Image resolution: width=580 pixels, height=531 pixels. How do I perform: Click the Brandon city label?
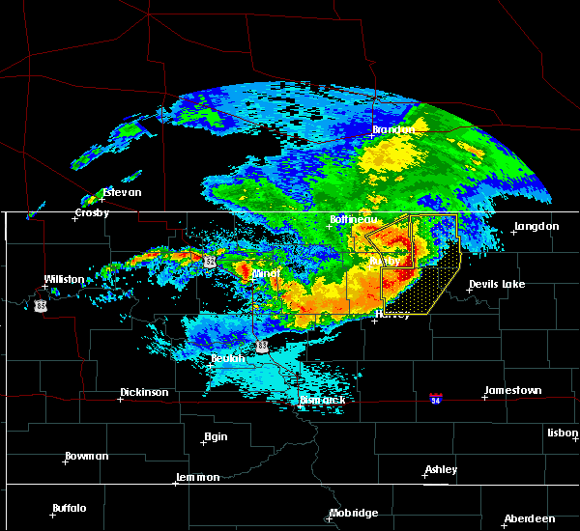393,129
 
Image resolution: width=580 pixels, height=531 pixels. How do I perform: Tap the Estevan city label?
122,192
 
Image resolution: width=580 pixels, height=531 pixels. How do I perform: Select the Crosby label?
92,213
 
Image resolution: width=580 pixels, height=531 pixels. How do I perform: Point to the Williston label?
64,279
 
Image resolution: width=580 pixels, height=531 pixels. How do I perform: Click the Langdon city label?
536,226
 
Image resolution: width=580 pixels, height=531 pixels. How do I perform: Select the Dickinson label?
144,393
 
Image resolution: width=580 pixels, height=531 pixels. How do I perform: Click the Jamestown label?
513,390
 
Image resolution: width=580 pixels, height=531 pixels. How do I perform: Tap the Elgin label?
216,436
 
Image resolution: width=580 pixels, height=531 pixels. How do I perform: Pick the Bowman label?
87,456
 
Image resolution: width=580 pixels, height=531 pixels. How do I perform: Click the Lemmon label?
200,477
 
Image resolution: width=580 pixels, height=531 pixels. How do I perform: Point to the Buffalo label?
70,508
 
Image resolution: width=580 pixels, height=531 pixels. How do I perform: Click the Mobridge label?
354,513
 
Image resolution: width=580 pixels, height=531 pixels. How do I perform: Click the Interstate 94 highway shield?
437,397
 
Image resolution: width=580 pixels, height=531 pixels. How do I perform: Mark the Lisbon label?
562,433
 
